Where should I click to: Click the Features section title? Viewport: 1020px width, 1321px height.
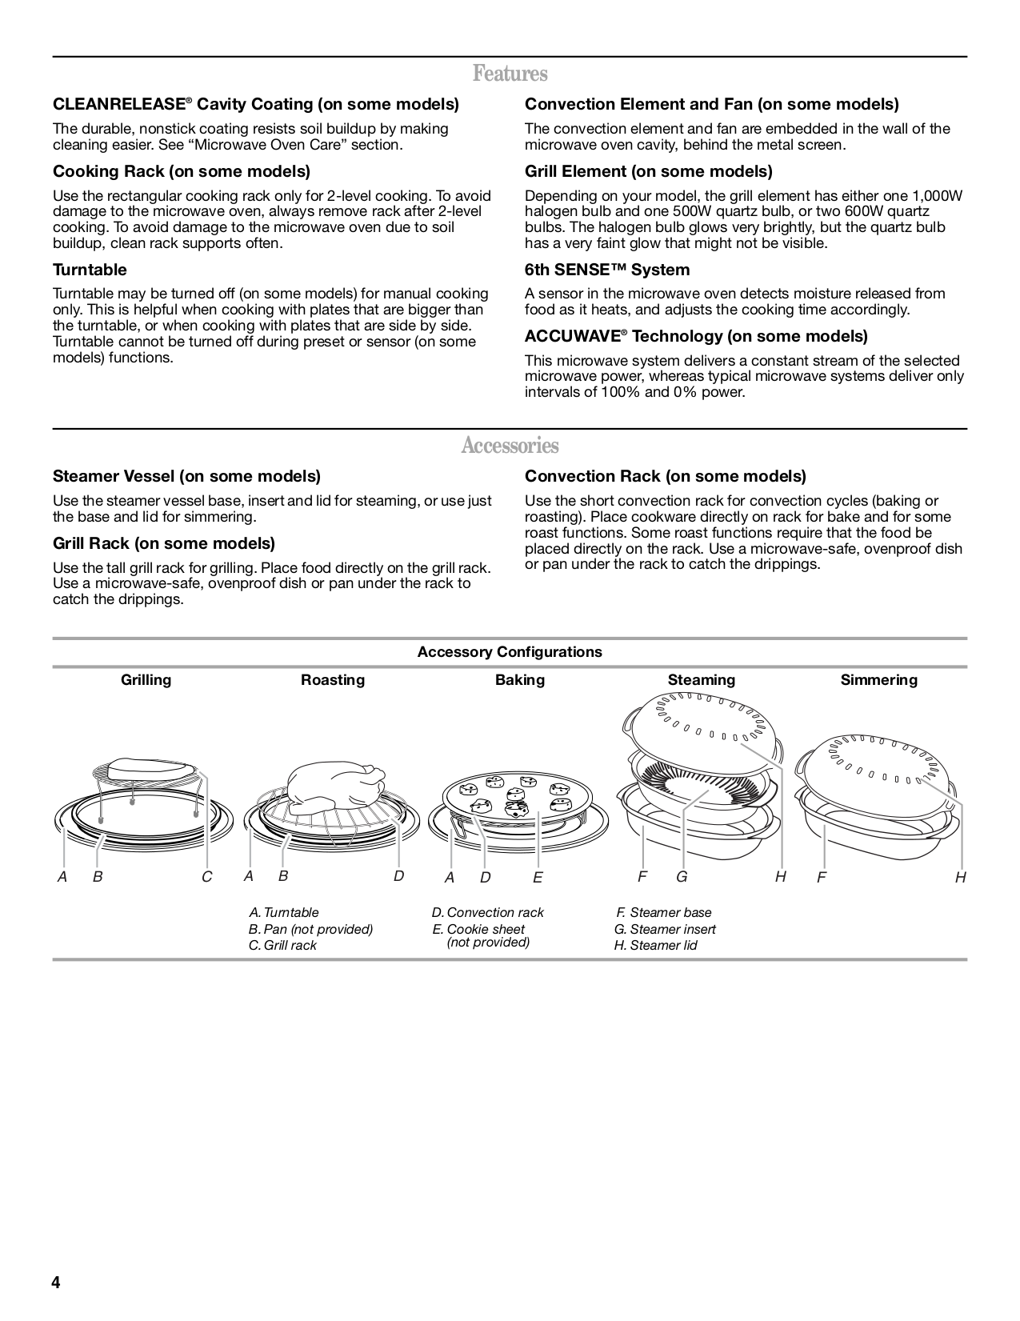[x=510, y=74]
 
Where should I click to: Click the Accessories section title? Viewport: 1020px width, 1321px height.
[x=510, y=446]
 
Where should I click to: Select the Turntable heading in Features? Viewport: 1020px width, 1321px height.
[x=90, y=270]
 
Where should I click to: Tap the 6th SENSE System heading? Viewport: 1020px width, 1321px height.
[x=606, y=270]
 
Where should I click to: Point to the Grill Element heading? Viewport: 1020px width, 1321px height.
[x=648, y=171]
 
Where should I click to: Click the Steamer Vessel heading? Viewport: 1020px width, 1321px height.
[x=186, y=476]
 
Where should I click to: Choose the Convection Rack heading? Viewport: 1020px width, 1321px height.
[x=665, y=476]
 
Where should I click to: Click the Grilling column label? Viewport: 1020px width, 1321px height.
[x=146, y=680]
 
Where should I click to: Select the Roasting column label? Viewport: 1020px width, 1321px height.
[x=333, y=680]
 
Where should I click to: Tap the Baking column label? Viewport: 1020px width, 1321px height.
[x=520, y=680]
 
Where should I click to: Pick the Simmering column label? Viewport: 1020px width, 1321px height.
[x=878, y=680]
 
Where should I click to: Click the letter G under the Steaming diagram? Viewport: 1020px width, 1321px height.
[x=682, y=877]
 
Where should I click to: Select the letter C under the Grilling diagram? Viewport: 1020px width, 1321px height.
[x=206, y=877]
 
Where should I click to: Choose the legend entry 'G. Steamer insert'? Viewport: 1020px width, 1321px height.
[x=665, y=929]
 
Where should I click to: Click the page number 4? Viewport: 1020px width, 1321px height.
[x=56, y=1283]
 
